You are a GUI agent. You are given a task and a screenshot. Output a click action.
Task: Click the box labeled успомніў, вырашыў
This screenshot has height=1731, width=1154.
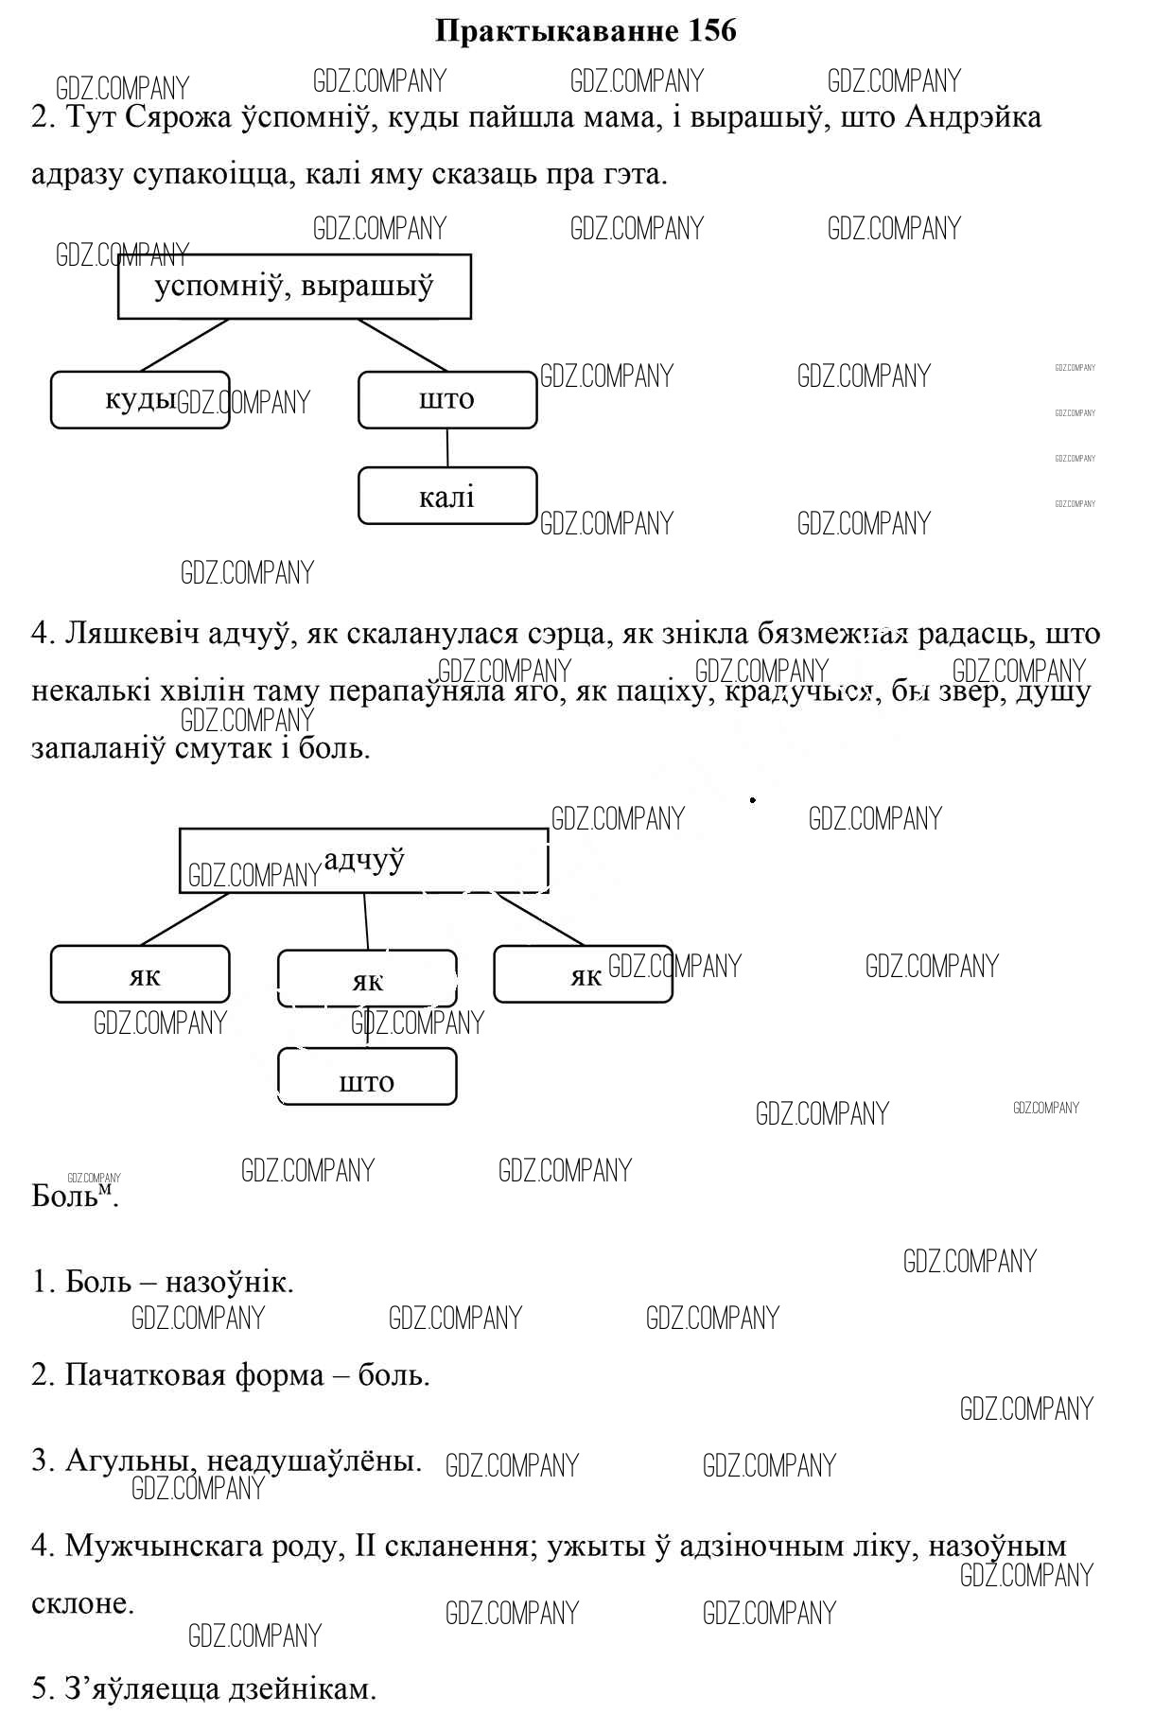click(294, 286)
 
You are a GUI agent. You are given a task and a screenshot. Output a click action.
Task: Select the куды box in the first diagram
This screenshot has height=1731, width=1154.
click(140, 400)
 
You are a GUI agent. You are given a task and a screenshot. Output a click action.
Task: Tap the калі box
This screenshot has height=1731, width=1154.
click(446, 496)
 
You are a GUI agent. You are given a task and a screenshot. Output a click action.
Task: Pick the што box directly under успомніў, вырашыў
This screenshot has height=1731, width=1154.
click(446, 400)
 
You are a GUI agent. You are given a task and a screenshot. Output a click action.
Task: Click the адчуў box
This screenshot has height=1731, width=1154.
click(364, 861)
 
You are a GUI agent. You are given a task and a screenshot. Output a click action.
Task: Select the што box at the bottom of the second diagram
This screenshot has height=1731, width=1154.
click(367, 1076)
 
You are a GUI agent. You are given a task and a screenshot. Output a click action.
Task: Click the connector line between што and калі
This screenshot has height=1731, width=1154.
click(447, 447)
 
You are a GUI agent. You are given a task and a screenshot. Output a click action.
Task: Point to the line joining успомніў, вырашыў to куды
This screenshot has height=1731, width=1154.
click(184, 345)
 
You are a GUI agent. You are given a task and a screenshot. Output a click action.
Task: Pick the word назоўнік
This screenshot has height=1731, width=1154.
click(229, 1282)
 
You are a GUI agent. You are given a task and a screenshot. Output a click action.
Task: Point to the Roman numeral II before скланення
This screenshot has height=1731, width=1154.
click(365, 1547)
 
